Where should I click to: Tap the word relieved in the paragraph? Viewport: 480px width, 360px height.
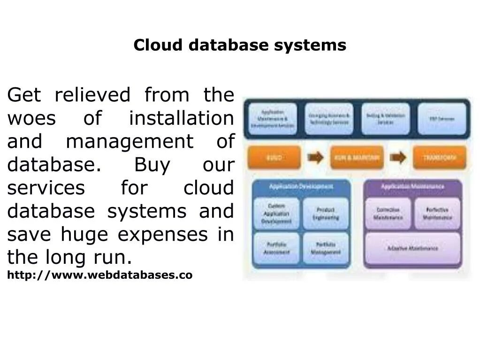(92, 95)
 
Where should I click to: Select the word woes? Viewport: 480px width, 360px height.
(31, 118)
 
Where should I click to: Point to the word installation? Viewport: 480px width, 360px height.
(181, 118)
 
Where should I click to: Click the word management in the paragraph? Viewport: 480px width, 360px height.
(130, 142)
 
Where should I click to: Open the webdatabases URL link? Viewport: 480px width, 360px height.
(99, 275)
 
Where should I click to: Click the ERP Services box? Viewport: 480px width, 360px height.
(442, 119)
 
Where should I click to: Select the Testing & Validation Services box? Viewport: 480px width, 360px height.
(385, 119)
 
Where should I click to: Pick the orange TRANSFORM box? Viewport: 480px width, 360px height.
(439, 158)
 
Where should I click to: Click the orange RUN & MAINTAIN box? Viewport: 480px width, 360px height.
(357, 158)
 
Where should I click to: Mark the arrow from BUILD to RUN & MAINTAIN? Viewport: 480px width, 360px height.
(316, 158)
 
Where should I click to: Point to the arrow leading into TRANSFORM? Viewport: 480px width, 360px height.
(398, 158)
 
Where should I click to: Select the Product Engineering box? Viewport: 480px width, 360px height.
(326, 214)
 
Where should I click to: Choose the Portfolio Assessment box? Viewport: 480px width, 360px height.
(276, 248)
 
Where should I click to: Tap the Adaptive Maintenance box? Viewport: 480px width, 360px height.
(412, 248)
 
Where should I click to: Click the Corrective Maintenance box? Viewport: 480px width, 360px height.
(388, 214)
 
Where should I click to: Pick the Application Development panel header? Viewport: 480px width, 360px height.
(301, 187)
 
